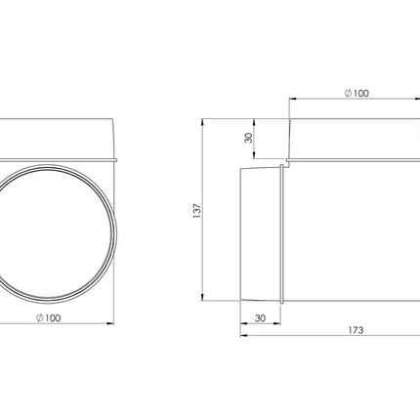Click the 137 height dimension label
click(197, 211)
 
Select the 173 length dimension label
click(356, 330)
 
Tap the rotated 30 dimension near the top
click(249, 138)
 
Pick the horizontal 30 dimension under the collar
click(260, 318)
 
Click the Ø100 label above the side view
click(357, 93)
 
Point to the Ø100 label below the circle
click(49, 317)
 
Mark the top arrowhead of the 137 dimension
click(202, 122)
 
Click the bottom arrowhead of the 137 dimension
click(202, 297)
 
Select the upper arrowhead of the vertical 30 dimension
click(254, 122)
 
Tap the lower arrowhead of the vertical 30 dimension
click(254, 154)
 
